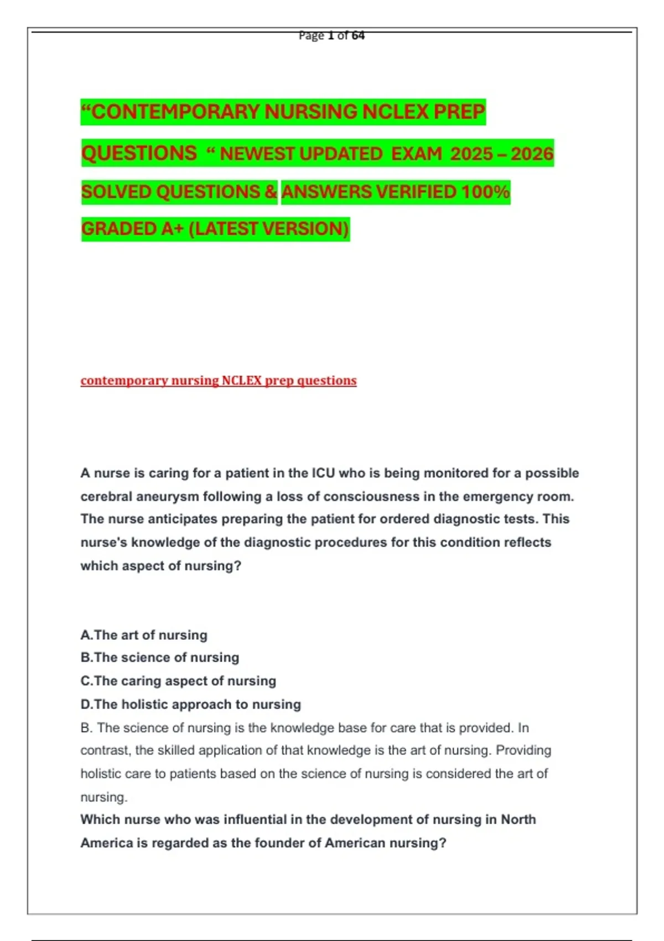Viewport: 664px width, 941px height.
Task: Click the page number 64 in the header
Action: (358, 35)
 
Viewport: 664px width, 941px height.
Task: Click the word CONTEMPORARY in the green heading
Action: (177, 112)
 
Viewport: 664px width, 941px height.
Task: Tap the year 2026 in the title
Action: (532, 153)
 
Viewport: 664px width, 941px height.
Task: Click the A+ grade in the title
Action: (172, 229)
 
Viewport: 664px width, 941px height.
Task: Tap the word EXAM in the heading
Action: (417, 153)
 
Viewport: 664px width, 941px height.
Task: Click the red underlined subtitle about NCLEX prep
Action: (219, 381)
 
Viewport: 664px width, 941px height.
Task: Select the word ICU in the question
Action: (323, 473)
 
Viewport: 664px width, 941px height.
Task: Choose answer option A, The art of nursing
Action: (144, 635)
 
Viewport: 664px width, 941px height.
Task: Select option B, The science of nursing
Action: (160, 658)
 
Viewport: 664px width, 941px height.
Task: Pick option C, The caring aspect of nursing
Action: (178, 681)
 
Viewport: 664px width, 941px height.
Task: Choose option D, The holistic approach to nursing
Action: (191, 704)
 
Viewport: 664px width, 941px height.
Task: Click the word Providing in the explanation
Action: (523, 751)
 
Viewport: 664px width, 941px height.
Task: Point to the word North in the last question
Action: (518, 820)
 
